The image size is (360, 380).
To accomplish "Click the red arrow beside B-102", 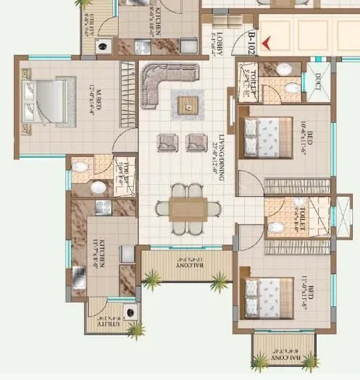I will pos(267,43).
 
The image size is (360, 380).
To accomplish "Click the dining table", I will pos(188,208).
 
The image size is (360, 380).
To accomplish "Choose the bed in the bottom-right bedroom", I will pos(269,297).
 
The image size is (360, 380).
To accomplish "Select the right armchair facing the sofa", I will pos(196,142).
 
